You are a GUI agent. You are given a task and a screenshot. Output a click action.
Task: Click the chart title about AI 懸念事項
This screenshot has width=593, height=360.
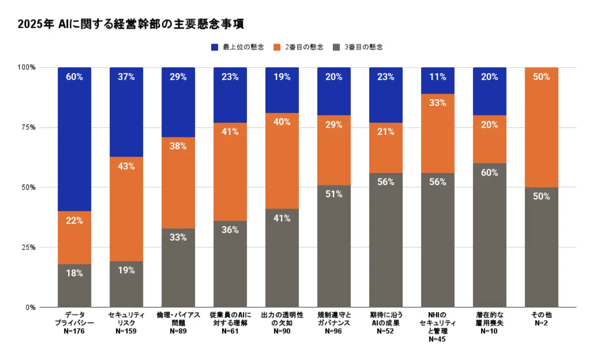click(x=130, y=24)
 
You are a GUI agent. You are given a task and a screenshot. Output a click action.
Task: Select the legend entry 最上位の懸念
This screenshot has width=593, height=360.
click(x=237, y=47)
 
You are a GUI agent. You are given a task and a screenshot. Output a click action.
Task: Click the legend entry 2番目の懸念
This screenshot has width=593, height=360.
click(x=298, y=47)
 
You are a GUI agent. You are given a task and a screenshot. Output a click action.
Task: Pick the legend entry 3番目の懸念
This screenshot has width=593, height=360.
click(x=358, y=47)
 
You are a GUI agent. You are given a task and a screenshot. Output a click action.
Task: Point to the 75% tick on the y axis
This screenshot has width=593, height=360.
click(x=26, y=128)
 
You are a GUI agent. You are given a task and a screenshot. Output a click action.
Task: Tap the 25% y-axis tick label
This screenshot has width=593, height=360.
click(x=26, y=248)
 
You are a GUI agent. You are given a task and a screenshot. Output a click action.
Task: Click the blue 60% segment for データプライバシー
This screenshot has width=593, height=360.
click(x=74, y=138)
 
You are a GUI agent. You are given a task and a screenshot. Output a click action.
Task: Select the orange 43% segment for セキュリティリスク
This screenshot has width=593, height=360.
click(x=126, y=209)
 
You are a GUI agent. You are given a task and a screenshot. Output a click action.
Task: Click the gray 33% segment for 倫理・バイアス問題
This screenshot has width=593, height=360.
click(x=178, y=268)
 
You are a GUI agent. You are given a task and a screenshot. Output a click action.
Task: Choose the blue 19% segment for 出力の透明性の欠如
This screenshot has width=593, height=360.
click(x=282, y=90)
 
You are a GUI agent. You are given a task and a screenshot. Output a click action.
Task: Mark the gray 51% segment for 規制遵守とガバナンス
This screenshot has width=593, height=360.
click(x=334, y=246)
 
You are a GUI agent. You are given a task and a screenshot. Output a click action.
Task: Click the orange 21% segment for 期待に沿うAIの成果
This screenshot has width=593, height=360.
click(x=386, y=148)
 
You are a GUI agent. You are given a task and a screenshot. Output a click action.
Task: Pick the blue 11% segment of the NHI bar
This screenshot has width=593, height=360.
click(x=437, y=81)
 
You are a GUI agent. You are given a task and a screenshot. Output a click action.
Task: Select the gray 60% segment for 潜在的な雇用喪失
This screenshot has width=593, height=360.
click(x=489, y=235)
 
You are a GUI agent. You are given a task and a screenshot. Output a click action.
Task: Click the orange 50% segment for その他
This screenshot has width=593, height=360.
click(x=541, y=127)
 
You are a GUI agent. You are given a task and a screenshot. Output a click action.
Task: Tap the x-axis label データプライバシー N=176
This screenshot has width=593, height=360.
click(x=74, y=323)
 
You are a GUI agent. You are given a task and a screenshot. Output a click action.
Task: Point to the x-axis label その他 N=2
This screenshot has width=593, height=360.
click(x=541, y=319)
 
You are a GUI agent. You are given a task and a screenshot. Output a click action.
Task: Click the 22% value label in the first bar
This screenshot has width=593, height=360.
click(x=74, y=220)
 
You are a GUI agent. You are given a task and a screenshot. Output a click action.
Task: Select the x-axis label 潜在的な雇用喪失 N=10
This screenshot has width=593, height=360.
click(x=489, y=323)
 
